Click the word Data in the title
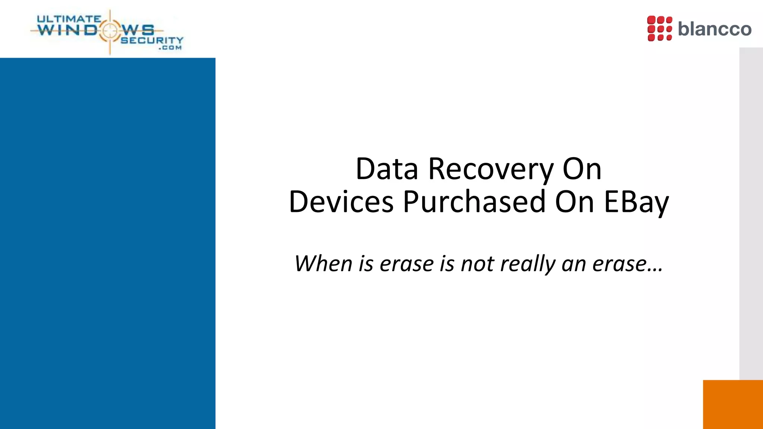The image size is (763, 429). coord(386,169)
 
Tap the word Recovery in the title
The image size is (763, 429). coord(491,169)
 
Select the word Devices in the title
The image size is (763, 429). coord(341,202)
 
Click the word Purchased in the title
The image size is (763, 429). coord(474,202)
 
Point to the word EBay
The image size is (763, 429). coord(636,202)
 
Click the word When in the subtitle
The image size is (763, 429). coord(323,264)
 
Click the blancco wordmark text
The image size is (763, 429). coord(714,29)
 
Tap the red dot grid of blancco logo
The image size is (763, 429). coord(659,28)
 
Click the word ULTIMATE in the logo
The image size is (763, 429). coord(69,19)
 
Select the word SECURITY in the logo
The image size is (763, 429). coord(152,40)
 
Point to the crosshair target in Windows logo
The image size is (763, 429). coord(110,30)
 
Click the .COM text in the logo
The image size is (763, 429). coord(170,48)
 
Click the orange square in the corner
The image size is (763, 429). coord(732,404)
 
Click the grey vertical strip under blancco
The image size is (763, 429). coord(751,212)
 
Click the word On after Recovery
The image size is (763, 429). coord(582,169)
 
